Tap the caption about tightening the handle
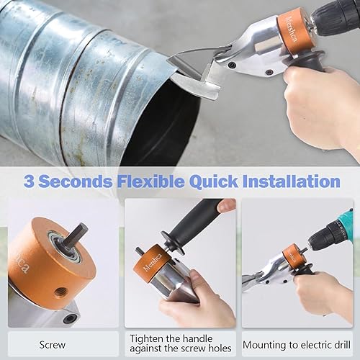180,343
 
